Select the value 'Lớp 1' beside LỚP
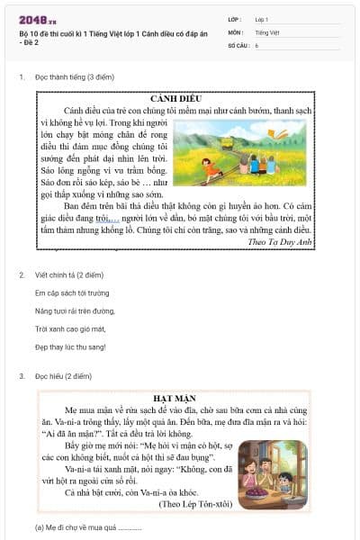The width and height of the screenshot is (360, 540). pos(263,19)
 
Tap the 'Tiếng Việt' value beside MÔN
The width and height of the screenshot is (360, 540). pos(267,31)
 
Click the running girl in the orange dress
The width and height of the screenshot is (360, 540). pos(208,166)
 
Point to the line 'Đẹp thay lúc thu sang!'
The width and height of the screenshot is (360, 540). pos(70,346)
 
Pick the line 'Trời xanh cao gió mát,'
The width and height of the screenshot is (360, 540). pos(68,328)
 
